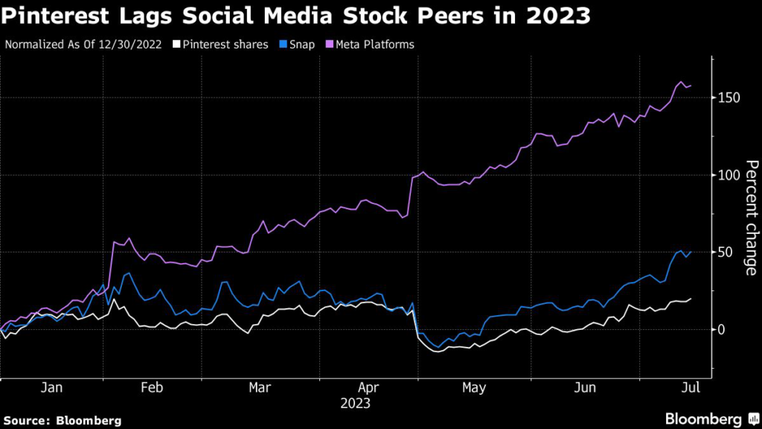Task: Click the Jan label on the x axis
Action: tap(51, 388)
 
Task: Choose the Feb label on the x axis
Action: tap(152, 388)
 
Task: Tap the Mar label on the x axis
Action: tap(259, 388)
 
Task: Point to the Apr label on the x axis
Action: tap(368, 388)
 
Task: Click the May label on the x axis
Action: tap(474, 388)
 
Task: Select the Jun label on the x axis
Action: tap(586, 388)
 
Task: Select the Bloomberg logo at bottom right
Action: tap(711, 418)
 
